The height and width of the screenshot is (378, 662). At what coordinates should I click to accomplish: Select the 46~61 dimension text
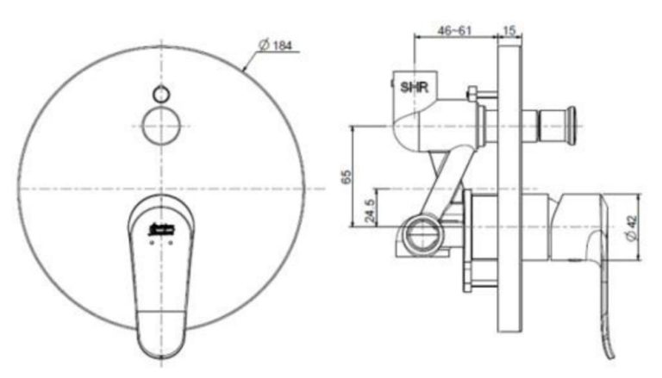pyautogui.click(x=455, y=29)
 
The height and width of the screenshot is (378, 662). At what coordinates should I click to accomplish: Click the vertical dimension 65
pyautogui.click(x=346, y=176)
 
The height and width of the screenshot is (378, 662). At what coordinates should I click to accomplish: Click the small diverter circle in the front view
pyautogui.click(x=161, y=93)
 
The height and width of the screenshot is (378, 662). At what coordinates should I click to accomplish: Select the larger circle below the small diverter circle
pyautogui.click(x=161, y=127)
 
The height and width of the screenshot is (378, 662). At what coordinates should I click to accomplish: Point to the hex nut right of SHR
pyautogui.click(x=472, y=92)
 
